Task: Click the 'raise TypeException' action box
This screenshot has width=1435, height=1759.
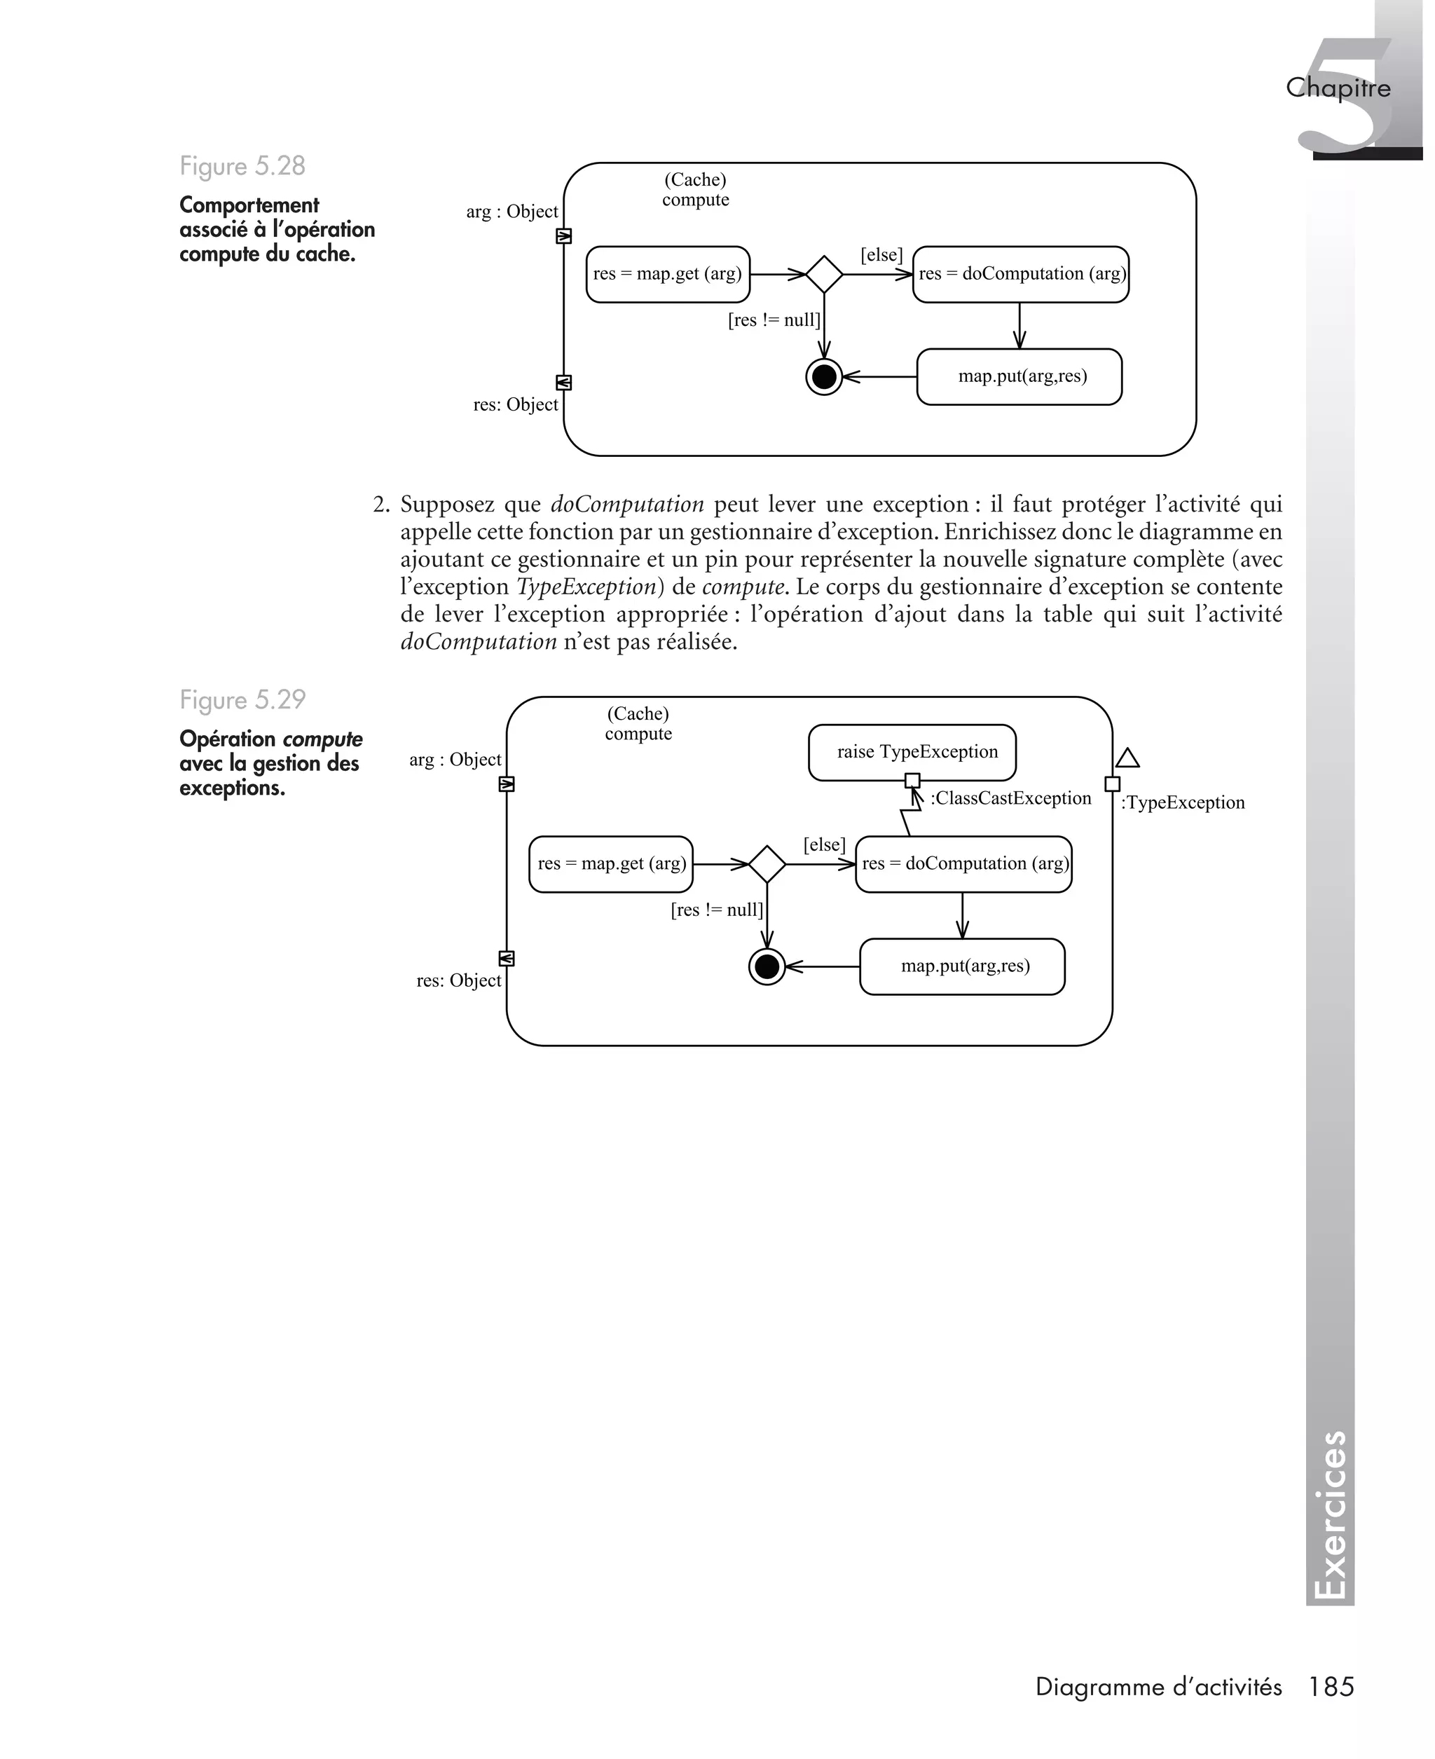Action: tap(912, 752)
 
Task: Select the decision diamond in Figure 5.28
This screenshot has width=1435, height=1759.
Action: tap(823, 275)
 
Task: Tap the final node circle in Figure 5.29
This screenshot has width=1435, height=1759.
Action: tap(767, 966)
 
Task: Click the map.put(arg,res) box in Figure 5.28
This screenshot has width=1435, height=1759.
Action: tap(1019, 377)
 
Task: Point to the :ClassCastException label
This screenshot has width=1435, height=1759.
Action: tap(1010, 798)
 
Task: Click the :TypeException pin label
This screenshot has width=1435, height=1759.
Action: tap(1182, 802)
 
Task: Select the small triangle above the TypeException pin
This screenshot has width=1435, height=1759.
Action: tap(1127, 758)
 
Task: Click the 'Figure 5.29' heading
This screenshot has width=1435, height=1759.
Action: tap(242, 700)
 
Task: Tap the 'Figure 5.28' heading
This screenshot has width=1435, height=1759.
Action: tap(242, 166)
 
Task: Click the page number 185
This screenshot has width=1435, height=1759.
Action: tap(1331, 1686)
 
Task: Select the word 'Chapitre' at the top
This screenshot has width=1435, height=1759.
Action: tap(1338, 88)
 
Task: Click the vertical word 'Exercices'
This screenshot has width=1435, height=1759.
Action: tap(1330, 1516)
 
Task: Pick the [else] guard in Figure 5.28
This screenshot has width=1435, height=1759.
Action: tap(881, 255)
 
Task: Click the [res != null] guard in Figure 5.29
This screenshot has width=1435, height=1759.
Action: tap(717, 910)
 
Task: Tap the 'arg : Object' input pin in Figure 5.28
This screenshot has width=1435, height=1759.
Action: tap(564, 236)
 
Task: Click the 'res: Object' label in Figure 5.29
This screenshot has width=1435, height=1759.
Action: tap(459, 981)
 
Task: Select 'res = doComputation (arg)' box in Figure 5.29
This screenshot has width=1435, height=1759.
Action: tap(964, 865)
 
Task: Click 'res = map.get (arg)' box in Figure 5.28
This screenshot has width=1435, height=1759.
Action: tap(668, 275)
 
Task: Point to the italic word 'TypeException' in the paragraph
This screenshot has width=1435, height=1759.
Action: tap(586, 587)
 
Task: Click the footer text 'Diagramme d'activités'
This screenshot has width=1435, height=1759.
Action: tap(1158, 1687)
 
